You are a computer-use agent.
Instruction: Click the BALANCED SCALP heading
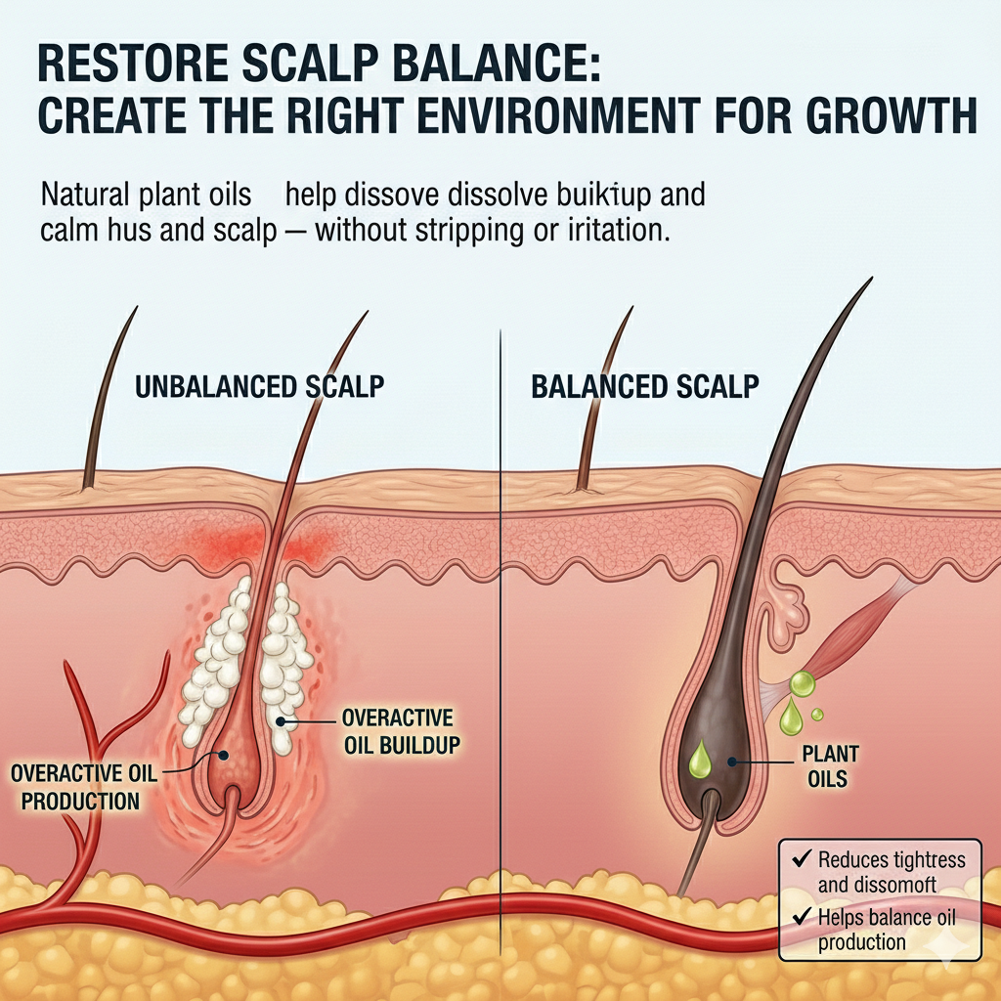pos(644,386)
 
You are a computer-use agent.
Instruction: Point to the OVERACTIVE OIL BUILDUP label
pos(400,731)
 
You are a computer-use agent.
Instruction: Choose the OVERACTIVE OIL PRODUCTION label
pos(83,786)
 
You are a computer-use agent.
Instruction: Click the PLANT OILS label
pos(830,767)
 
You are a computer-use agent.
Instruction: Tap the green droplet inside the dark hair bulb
pos(701,762)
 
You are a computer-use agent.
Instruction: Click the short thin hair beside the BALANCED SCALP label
pos(598,401)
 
